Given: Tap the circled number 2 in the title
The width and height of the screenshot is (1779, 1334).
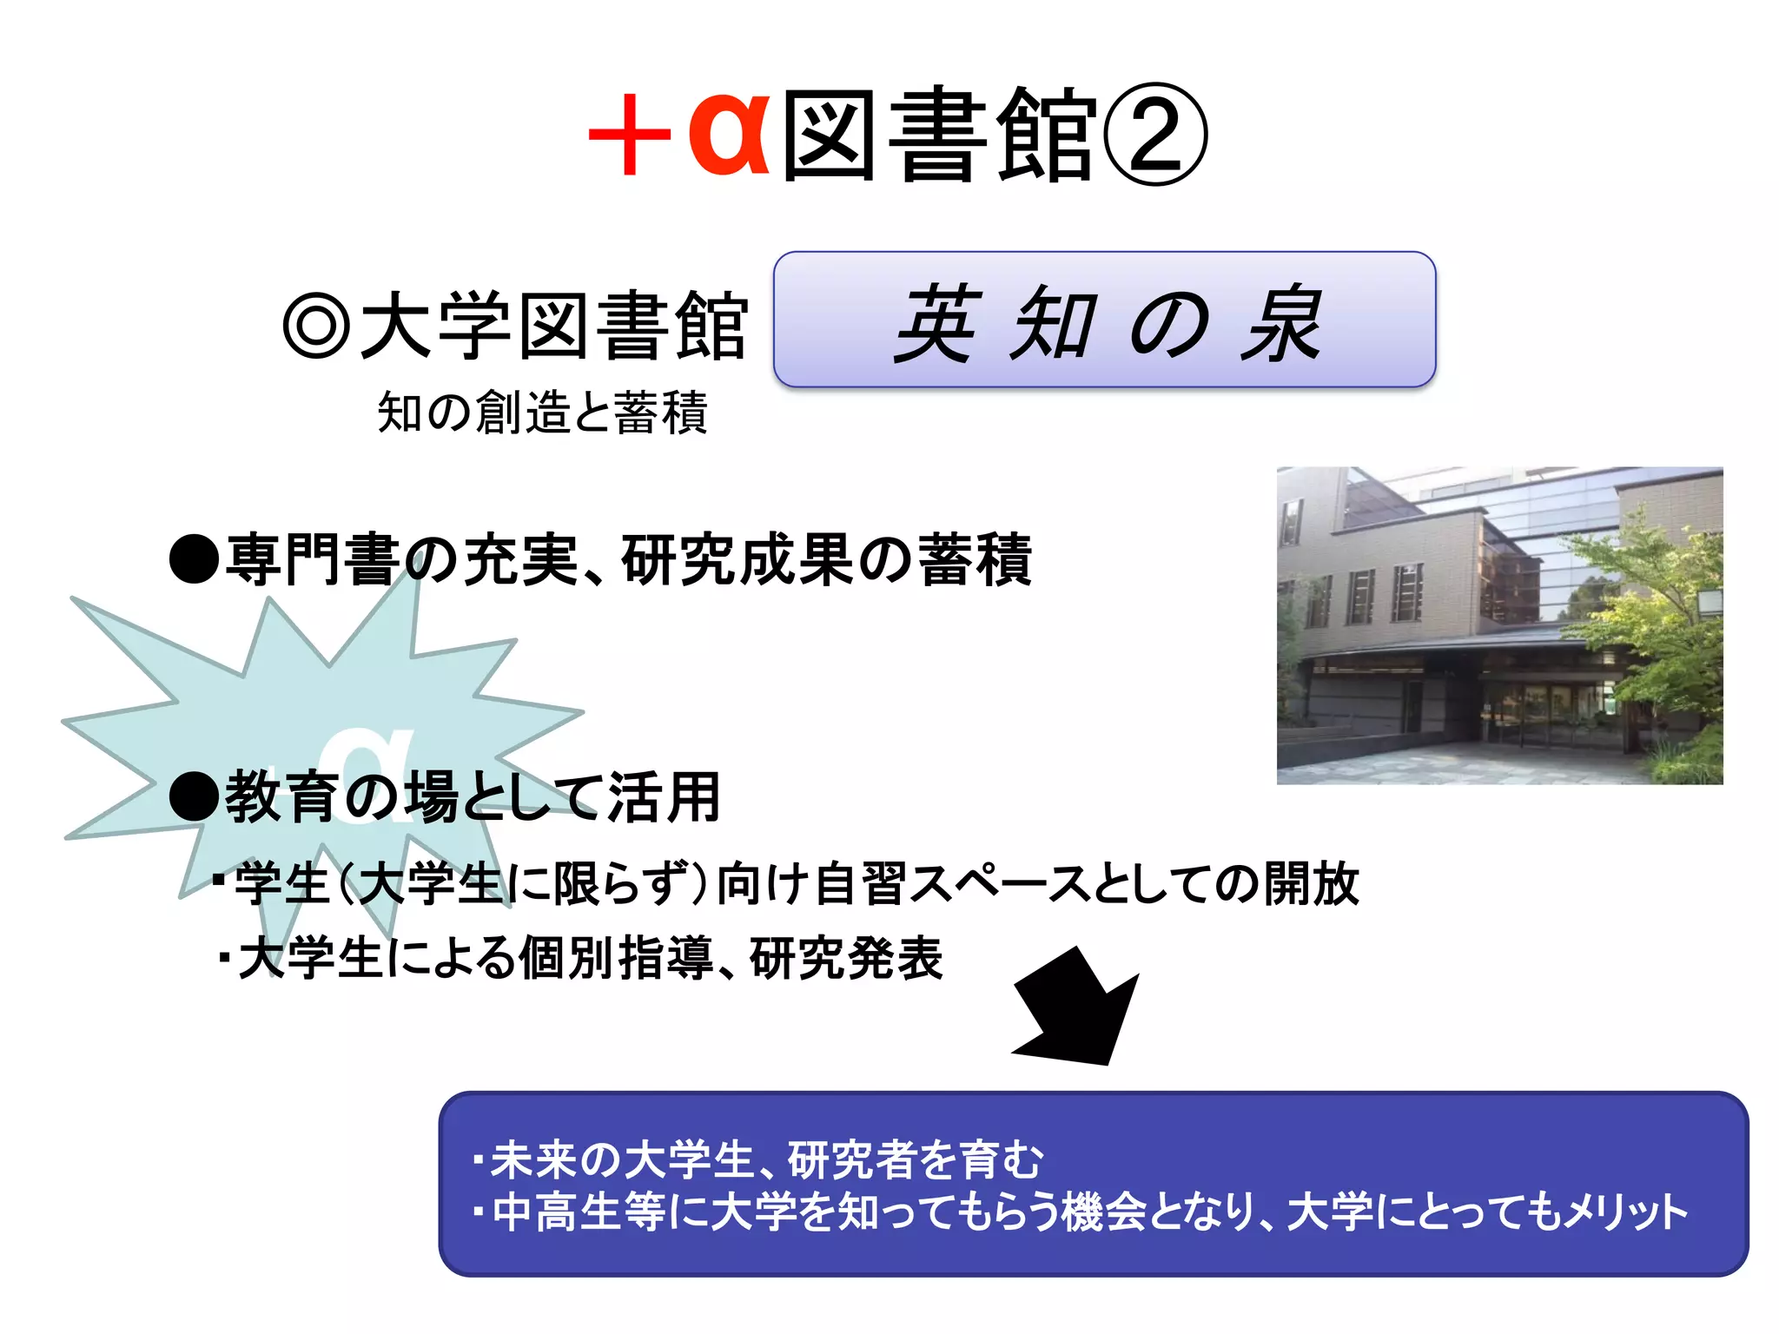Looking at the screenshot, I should pyautogui.click(x=1155, y=135).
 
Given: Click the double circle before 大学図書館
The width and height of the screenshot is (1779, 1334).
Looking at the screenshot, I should pyautogui.click(x=316, y=327).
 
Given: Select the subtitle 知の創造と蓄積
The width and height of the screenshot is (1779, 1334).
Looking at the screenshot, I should pyautogui.click(x=542, y=412).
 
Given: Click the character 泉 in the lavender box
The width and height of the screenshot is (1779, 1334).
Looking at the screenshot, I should pyautogui.click(x=1281, y=324).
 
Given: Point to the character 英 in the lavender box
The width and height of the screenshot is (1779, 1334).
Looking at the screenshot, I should pyautogui.click(x=938, y=324).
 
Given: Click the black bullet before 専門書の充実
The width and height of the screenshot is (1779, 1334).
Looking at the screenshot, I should pyautogui.click(x=194, y=559).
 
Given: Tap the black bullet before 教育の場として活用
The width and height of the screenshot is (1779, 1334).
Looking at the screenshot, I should pyautogui.click(x=194, y=797).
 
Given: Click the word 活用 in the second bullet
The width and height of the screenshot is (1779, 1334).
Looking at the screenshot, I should pyautogui.click(x=664, y=797).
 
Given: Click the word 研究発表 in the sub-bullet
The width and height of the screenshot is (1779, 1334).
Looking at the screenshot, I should pyautogui.click(x=846, y=959).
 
